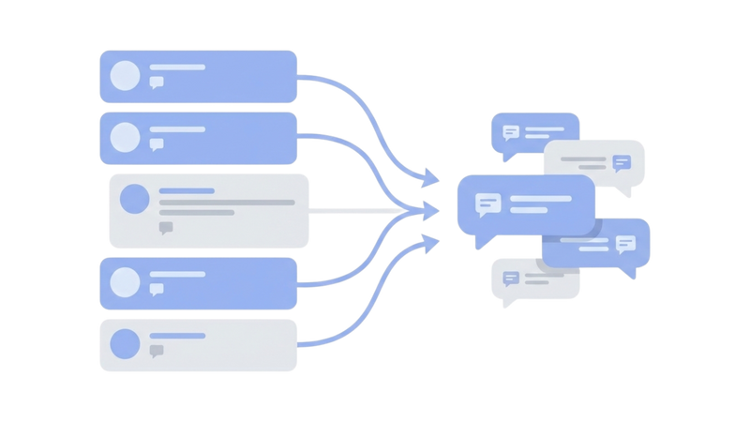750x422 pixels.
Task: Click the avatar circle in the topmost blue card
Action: pyautogui.click(x=124, y=76)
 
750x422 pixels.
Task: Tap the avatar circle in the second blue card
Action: pyautogui.click(x=124, y=137)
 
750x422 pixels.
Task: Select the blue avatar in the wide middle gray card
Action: pyautogui.click(x=135, y=199)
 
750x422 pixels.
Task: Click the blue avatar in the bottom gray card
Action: pyautogui.click(x=124, y=344)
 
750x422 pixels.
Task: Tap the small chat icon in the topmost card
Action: pyautogui.click(x=157, y=83)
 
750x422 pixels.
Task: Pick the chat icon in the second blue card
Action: pyautogui.click(x=157, y=144)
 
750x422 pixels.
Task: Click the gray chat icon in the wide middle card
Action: pyautogui.click(x=166, y=227)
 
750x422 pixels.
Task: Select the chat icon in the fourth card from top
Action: pyautogui.click(x=157, y=289)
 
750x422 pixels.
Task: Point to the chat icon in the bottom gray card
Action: pyautogui.click(x=157, y=351)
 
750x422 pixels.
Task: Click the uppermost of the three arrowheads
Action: pyautogui.click(x=430, y=175)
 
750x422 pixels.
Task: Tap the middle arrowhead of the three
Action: pyautogui.click(x=432, y=211)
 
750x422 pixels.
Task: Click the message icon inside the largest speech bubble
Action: pyautogui.click(x=487, y=203)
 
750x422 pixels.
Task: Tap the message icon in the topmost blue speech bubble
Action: pyautogui.click(x=511, y=132)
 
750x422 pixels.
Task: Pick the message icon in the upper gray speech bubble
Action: pyautogui.click(x=622, y=163)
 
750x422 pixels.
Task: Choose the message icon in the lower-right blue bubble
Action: pyautogui.click(x=625, y=244)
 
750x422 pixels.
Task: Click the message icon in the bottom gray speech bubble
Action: pyautogui.click(x=511, y=278)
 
